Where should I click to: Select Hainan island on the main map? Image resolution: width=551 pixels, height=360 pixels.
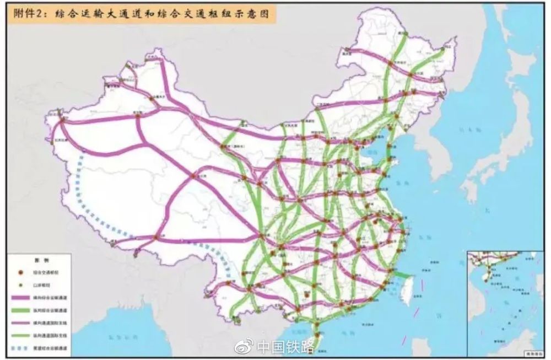[x=316, y=336]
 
